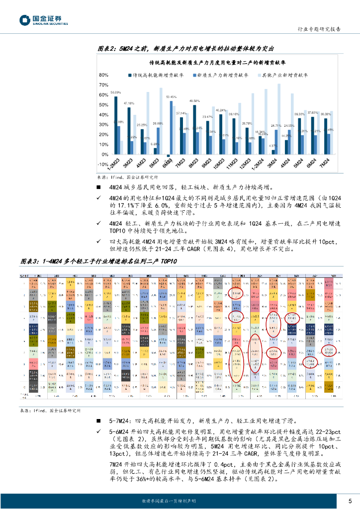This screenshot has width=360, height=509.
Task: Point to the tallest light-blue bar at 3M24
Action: [x=279, y=119]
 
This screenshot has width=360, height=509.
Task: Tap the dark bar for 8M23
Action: [x=194, y=130]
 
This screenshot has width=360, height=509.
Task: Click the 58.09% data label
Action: [x=115, y=93]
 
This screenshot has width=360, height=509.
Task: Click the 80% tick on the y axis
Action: [x=104, y=75]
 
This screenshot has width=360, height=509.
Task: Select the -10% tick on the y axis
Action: [x=103, y=165]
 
